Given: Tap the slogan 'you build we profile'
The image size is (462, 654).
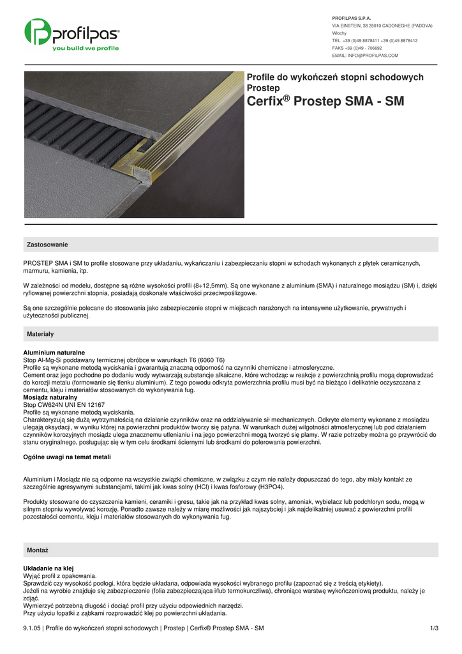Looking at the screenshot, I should click(85, 49).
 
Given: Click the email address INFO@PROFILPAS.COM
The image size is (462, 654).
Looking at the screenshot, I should click(365, 56).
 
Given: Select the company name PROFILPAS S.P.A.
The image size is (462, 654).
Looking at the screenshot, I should click(352, 18).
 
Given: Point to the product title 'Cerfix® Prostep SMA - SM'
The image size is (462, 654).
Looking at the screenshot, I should click(325, 102).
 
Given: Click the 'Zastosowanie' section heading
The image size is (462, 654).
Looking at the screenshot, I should click(47, 245).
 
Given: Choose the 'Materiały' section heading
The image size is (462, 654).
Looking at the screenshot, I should click(40, 334).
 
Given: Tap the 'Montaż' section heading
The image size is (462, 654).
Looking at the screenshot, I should click(38, 550).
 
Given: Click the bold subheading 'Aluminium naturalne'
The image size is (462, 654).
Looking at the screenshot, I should click(54, 353).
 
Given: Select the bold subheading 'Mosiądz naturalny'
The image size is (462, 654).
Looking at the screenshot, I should click(51, 397).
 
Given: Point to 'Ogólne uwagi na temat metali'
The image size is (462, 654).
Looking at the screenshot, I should click(67, 457).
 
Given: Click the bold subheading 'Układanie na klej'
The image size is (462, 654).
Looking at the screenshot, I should click(48, 568).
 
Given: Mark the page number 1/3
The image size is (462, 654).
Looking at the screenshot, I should click(435, 628).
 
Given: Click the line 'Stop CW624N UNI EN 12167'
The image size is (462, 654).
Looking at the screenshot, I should click(64, 405).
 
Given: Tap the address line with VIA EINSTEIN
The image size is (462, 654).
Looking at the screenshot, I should click(382, 26).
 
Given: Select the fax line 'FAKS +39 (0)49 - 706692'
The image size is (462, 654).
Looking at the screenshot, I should click(357, 48).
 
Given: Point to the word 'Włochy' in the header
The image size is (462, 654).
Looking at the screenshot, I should click(339, 33).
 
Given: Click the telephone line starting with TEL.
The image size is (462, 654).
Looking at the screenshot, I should click(375, 40).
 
